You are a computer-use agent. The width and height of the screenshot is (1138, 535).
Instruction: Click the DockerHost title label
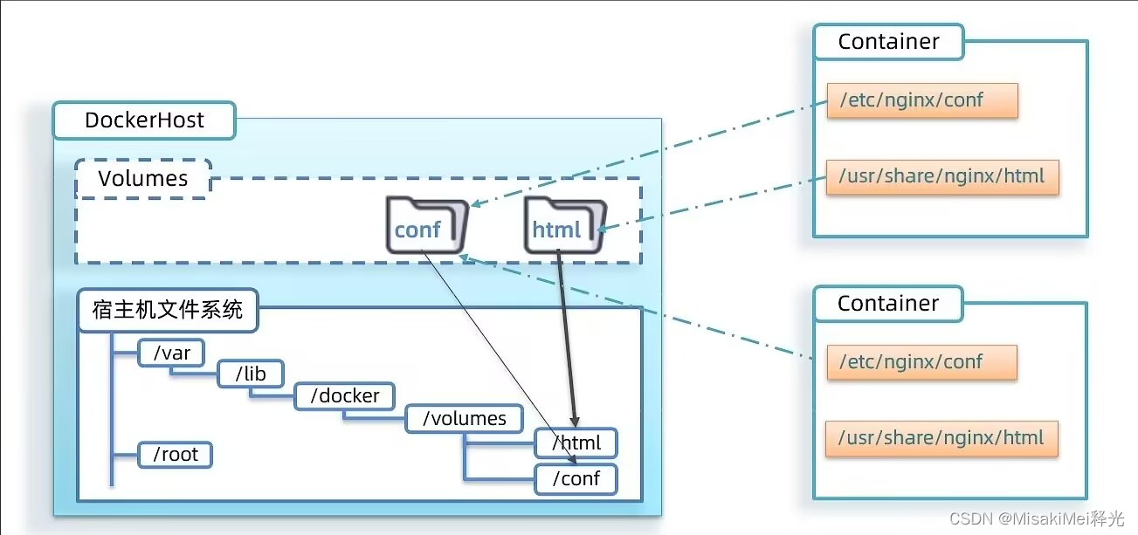click(x=144, y=120)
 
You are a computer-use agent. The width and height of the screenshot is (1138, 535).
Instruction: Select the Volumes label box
click(x=143, y=179)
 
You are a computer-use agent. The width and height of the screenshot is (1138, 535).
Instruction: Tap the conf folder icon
click(x=426, y=226)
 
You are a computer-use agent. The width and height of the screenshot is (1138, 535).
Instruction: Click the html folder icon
click(x=564, y=226)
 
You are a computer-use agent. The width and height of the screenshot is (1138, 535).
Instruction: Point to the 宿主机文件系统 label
click(x=168, y=310)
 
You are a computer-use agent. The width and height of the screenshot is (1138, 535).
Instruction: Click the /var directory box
click(x=171, y=353)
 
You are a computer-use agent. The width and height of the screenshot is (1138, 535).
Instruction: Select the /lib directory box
click(x=251, y=374)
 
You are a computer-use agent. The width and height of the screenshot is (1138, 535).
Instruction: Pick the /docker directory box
click(x=345, y=396)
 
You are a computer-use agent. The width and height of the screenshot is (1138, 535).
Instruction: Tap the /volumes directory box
click(x=464, y=419)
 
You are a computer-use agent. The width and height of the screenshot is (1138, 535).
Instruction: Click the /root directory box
click(x=176, y=455)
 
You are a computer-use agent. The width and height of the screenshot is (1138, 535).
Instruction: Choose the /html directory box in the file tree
click(x=576, y=443)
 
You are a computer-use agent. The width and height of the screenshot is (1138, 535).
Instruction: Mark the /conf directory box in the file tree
click(x=576, y=479)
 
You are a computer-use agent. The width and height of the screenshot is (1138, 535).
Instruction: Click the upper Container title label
click(x=888, y=42)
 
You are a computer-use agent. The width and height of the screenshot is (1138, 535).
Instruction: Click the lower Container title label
click(x=887, y=304)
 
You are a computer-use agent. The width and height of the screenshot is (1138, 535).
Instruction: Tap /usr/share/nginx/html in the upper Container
click(x=941, y=176)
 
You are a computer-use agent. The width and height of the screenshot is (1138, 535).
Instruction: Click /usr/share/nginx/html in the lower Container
click(x=941, y=438)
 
